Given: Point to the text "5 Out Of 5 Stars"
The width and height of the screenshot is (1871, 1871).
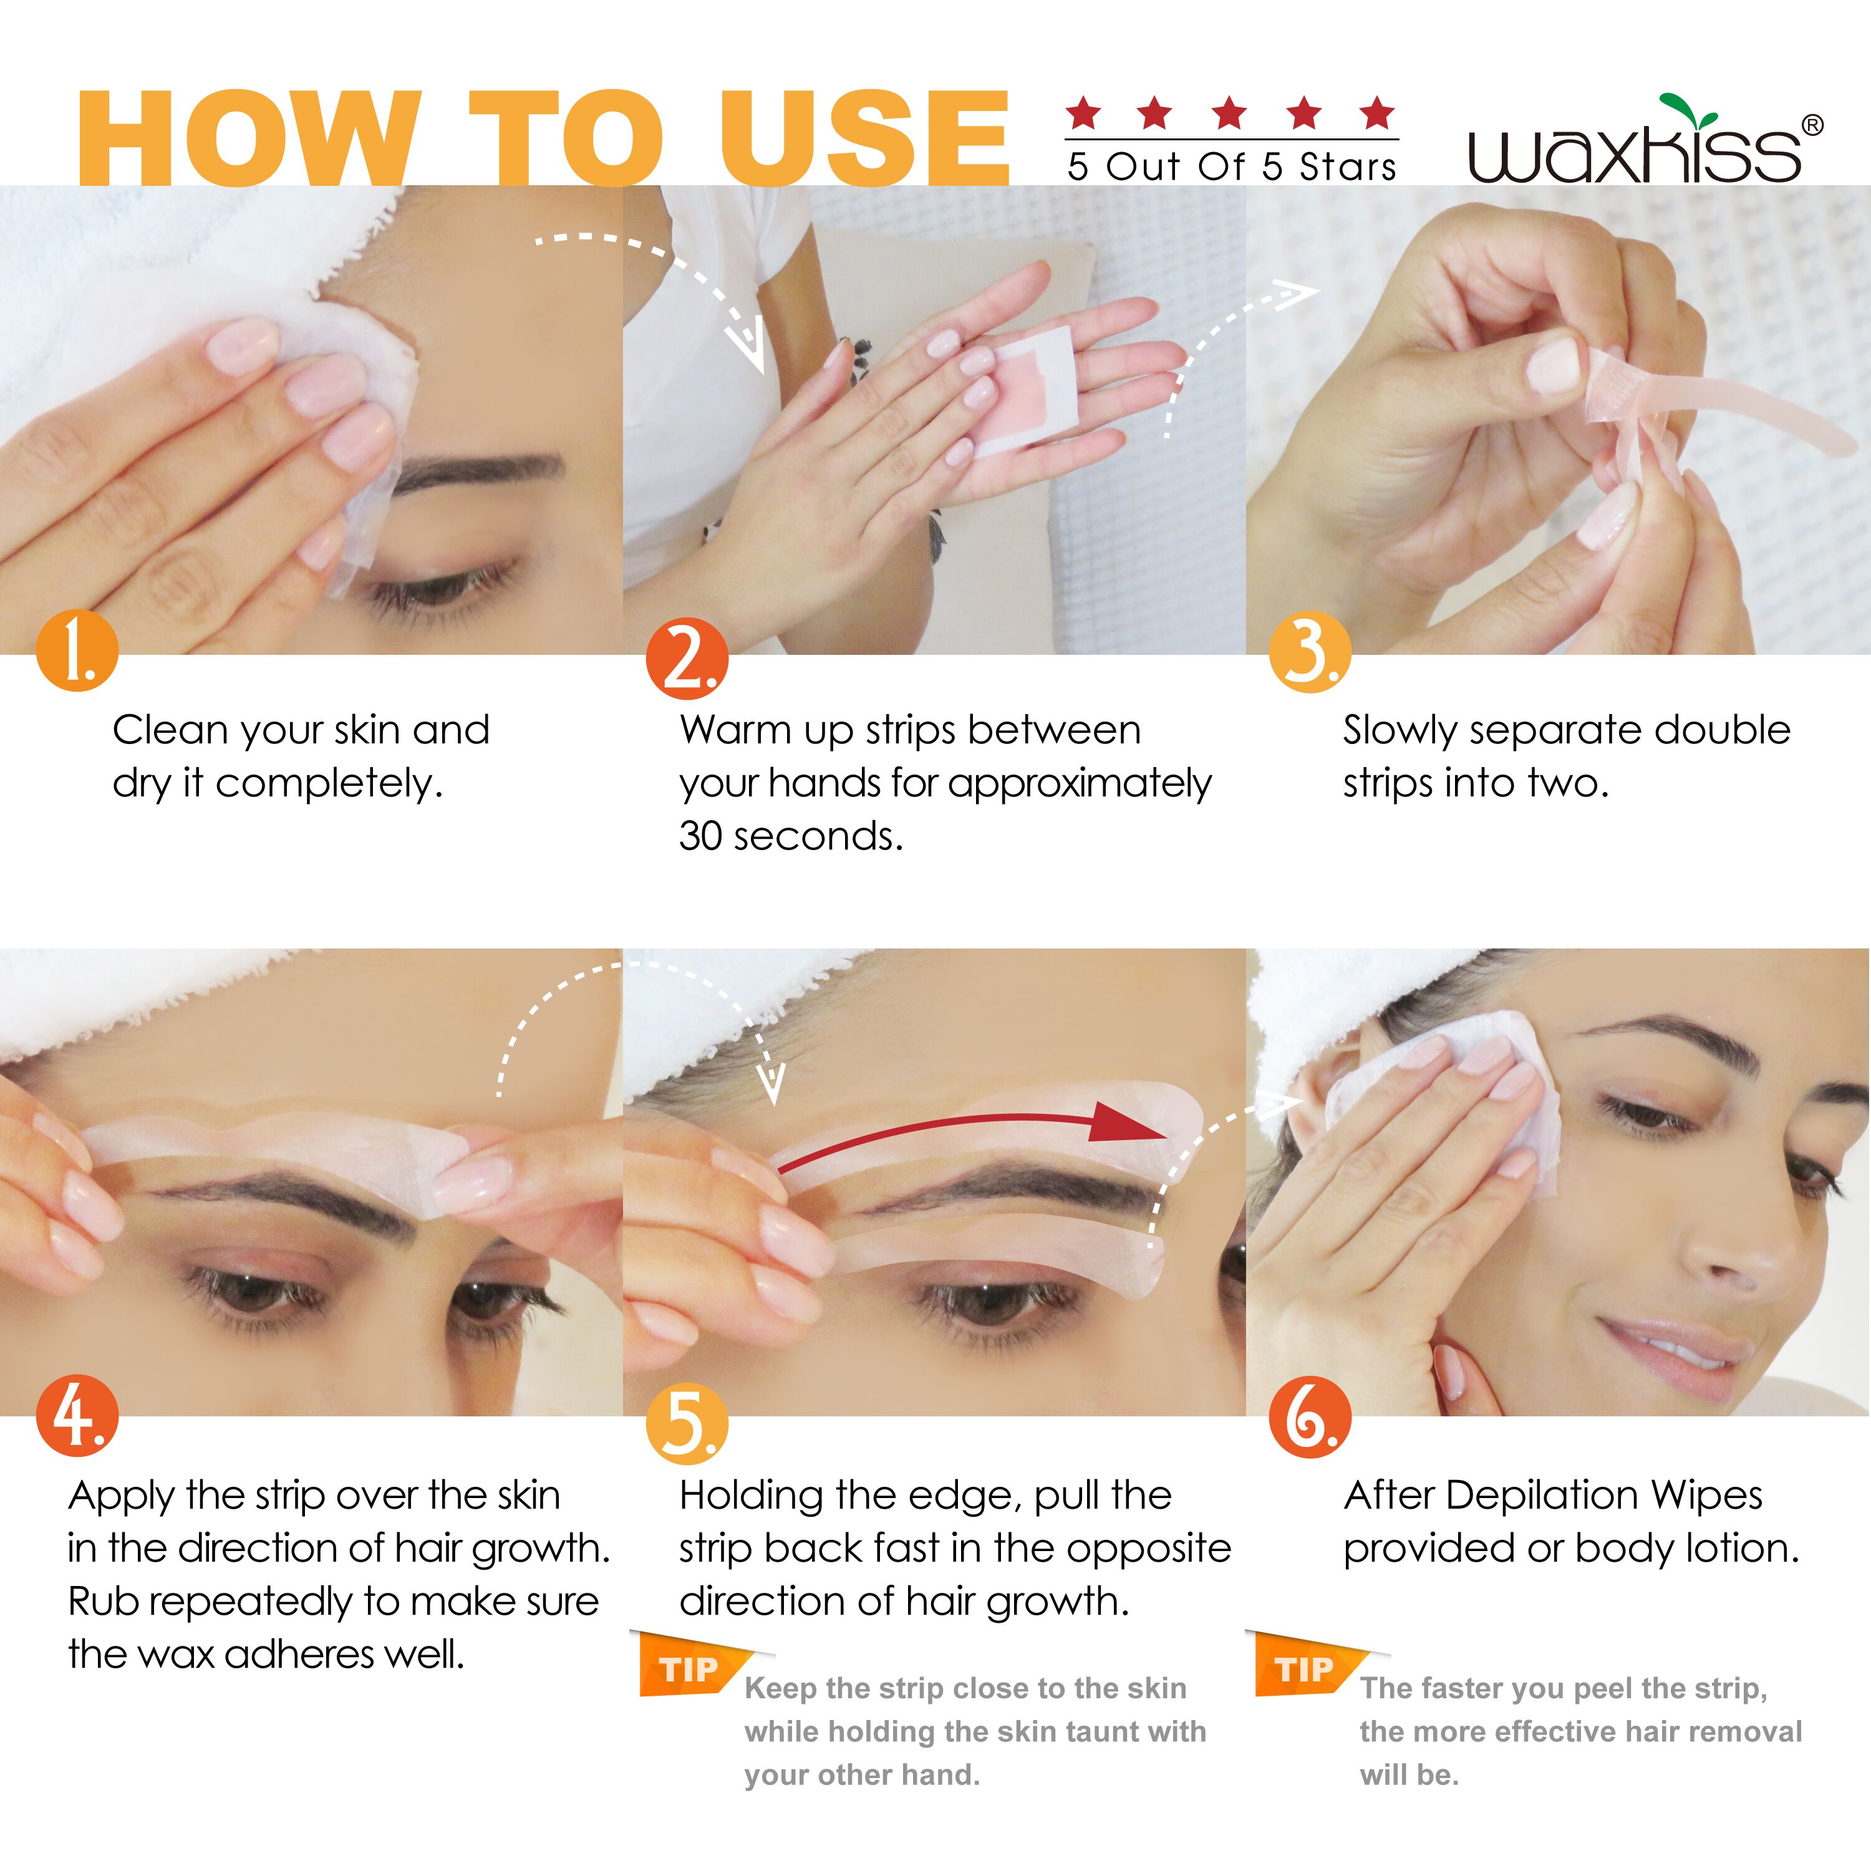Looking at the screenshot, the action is click(x=1232, y=167).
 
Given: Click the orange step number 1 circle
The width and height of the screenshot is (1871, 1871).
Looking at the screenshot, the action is click(x=77, y=650).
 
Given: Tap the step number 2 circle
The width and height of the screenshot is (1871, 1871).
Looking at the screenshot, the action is click(x=687, y=659).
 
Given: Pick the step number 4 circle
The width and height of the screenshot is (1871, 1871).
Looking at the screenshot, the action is click(x=77, y=1415).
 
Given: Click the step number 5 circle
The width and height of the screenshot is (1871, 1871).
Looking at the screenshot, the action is click(x=687, y=1424).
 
